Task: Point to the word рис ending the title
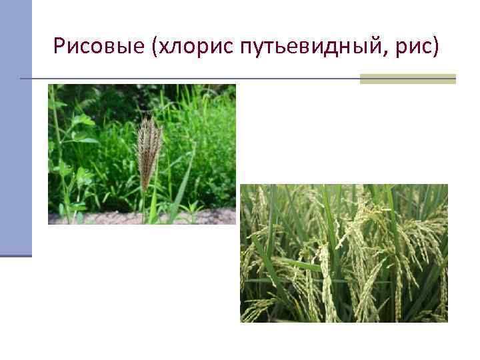418,47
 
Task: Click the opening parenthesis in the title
155,47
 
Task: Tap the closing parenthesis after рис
437,47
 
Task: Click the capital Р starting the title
60,46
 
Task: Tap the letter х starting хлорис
164,47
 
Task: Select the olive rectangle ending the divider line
407,79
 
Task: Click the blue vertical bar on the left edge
15,127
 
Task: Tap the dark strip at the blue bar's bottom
15,255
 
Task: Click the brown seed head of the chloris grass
149,150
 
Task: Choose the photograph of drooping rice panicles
343,253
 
